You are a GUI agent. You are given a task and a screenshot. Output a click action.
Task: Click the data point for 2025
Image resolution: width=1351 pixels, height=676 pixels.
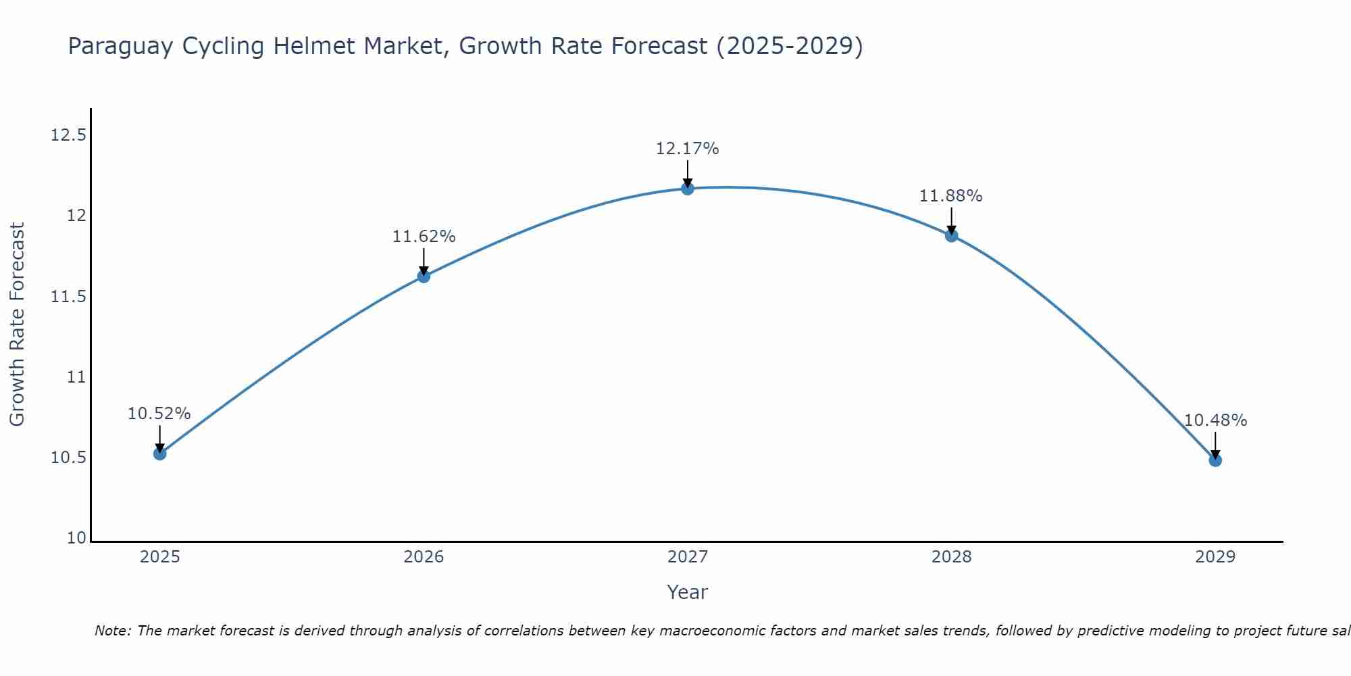click(159, 454)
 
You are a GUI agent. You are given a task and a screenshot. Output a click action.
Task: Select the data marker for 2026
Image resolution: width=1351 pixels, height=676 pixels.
click(424, 276)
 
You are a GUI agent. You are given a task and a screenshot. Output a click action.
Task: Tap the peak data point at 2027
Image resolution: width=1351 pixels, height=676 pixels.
click(688, 189)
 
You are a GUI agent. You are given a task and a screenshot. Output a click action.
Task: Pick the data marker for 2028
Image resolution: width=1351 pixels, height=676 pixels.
click(951, 235)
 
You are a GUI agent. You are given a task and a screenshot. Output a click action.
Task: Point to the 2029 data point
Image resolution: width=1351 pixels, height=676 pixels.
click(1215, 460)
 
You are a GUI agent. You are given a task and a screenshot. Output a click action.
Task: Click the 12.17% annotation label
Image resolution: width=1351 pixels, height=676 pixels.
click(687, 149)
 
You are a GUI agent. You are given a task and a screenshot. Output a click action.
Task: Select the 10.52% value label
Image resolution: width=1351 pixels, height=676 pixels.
click(159, 414)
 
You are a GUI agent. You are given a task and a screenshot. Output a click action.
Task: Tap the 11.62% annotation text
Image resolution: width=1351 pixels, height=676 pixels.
click(424, 237)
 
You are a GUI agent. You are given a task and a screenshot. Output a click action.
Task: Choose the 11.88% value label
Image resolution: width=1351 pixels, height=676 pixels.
click(950, 196)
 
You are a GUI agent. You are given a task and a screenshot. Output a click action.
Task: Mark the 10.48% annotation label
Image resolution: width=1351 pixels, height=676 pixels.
click(1215, 420)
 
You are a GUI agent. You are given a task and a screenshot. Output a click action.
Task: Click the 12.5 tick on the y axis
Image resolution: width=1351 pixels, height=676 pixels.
click(68, 135)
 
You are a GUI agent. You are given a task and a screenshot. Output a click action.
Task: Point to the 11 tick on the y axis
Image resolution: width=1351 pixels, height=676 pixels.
click(77, 377)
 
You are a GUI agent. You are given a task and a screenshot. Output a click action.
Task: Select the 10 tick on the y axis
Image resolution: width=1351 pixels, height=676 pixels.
click(77, 538)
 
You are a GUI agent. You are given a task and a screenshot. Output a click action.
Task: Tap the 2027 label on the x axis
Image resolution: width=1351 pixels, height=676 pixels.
click(687, 557)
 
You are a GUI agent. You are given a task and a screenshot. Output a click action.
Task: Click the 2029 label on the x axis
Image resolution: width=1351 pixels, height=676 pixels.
click(1215, 557)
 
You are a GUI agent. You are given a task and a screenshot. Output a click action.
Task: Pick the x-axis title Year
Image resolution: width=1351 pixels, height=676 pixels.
click(687, 592)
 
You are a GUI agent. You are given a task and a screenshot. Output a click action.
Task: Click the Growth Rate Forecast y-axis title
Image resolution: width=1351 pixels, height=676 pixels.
click(17, 324)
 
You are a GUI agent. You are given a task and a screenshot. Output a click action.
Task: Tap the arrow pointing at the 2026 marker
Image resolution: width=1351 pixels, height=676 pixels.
click(424, 262)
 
